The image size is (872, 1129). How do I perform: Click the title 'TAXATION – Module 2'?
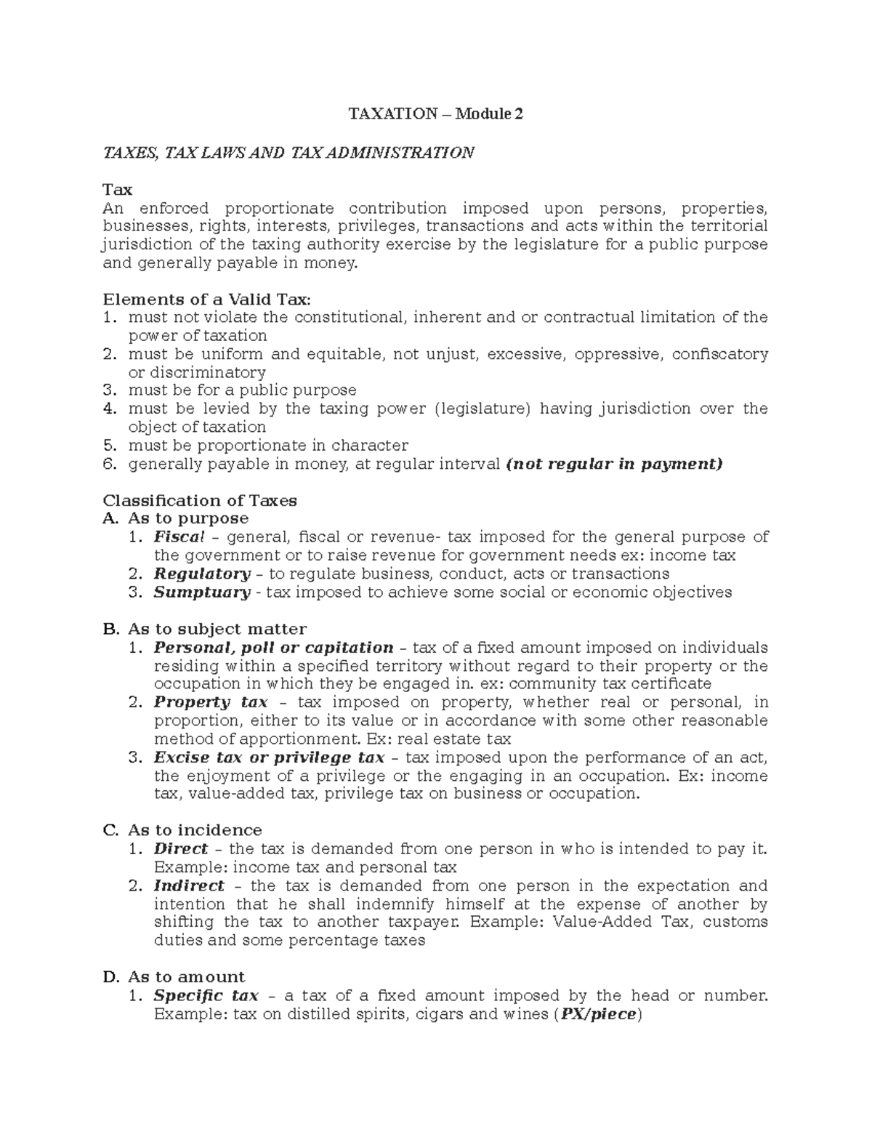pyautogui.click(x=435, y=114)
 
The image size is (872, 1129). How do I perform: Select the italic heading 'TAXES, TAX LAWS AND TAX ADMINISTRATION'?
pyautogui.click(x=288, y=153)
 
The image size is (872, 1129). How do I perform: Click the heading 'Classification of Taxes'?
pyautogui.click(x=200, y=500)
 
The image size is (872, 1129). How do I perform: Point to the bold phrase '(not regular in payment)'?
pyautogui.click(x=613, y=464)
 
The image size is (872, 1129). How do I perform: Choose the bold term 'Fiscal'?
pyautogui.click(x=179, y=537)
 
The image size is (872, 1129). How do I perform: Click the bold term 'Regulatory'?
pyautogui.click(x=202, y=574)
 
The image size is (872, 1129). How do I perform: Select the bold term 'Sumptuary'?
pyautogui.click(x=202, y=592)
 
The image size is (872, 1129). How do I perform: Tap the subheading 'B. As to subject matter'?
pyautogui.click(x=205, y=629)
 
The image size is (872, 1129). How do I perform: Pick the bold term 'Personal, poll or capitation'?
pyautogui.click(x=273, y=647)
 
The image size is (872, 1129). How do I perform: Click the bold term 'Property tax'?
pyautogui.click(x=211, y=702)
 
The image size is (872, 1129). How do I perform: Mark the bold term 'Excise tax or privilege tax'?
pyautogui.click(x=269, y=758)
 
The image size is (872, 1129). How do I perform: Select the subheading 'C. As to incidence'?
pyautogui.click(x=182, y=830)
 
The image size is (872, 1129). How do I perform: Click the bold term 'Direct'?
pyautogui.click(x=180, y=849)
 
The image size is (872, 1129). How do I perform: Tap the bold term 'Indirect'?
pyautogui.click(x=189, y=885)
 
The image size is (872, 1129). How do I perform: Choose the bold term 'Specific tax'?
pyautogui.click(x=206, y=996)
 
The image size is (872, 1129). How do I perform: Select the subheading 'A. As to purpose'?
pyautogui.click(x=176, y=518)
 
